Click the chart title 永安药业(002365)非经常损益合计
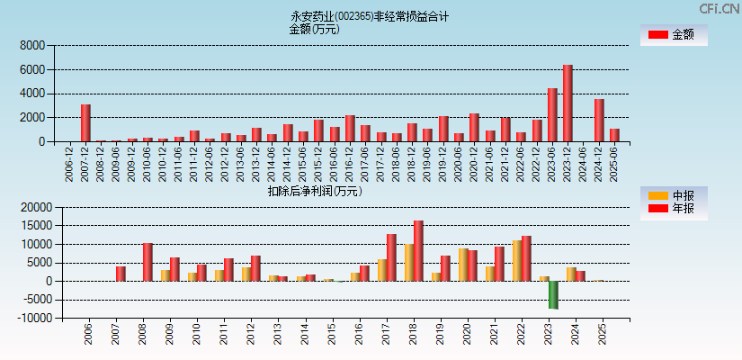(370, 16)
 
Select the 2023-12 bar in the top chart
(568, 103)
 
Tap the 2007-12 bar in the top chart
(85, 123)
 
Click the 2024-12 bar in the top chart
(599, 121)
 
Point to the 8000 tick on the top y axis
(32, 45)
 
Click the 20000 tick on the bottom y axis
(30, 207)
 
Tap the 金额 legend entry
(674, 35)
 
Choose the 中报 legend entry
(674, 195)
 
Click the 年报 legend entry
(674, 209)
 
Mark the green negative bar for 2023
(553, 295)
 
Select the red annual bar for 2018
(418, 251)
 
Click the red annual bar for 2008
(148, 262)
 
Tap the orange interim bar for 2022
(516, 261)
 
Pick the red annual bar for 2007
(121, 274)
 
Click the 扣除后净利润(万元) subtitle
(314, 191)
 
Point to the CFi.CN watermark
(719, 8)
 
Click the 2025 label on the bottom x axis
(603, 335)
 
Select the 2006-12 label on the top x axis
(70, 163)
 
